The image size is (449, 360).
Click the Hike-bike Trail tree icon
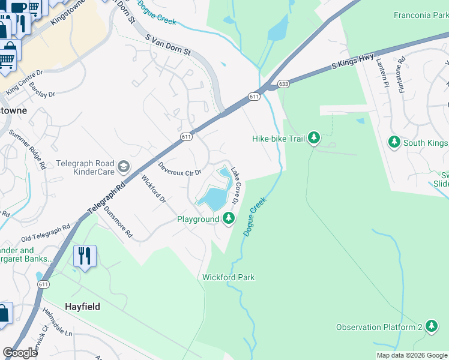(313, 139)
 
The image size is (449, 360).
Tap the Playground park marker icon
(228, 218)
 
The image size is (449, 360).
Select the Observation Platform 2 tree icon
(431, 326)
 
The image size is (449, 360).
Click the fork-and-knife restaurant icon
(85, 256)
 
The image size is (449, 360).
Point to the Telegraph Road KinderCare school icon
(123, 166)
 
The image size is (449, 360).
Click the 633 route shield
(283, 84)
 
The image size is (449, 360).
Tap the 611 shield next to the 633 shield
(254, 96)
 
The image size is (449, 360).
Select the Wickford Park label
(228, 277)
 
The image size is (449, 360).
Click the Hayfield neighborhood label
(82, 307)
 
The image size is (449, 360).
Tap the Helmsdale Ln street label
(58, 322)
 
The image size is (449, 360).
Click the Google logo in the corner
(20, 353)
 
